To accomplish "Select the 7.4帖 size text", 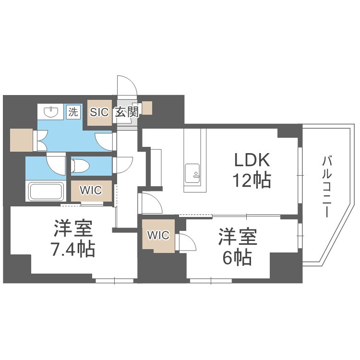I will [73, 249].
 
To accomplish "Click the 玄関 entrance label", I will [127, 113].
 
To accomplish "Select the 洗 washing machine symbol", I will [72, 112].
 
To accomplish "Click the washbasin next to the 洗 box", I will [50, 113].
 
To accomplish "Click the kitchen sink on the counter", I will [193, 171].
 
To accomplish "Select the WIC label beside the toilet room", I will [91, 190].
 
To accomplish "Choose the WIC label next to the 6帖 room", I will [158, 235].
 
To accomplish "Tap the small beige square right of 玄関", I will [146, 108].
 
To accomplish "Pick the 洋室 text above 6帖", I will [238, 237].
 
